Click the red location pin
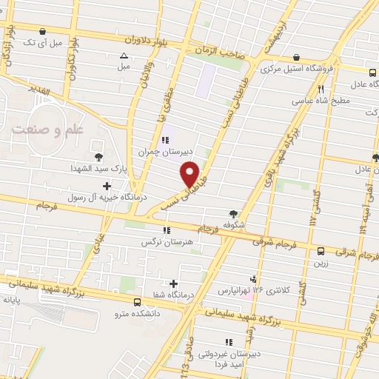coord(191,173)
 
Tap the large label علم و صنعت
coord(47,127)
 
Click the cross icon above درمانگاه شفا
coord(173,284)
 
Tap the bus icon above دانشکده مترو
coord(138,302)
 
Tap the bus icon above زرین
coord(321,251)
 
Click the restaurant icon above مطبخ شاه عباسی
coord(321,90)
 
